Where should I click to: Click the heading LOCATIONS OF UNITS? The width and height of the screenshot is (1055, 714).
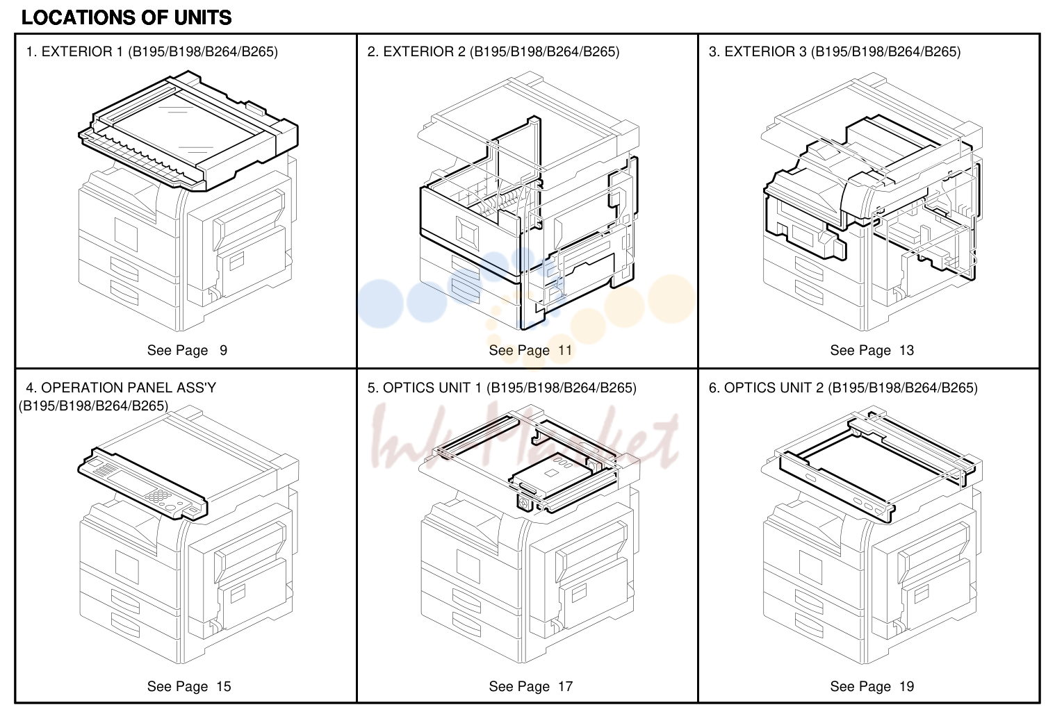(x=126, y=18)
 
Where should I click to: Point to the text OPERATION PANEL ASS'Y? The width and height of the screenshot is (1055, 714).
(x=129, y=388)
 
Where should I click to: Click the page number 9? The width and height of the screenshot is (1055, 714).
(x=223, y=350)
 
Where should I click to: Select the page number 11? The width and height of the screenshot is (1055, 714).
(x=565, y=350)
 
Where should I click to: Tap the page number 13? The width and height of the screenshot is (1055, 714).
(x=907, y=350)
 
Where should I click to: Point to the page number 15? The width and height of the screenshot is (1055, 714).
(x=224, y=686)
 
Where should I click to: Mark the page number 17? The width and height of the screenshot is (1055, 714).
(x=565, y=686)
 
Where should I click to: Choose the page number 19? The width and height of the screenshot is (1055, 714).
(x=907, y=686)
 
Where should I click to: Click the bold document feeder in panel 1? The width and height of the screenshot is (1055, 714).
(x=188, y=131)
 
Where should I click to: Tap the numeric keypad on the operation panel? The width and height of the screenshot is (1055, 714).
(x=158, y=496)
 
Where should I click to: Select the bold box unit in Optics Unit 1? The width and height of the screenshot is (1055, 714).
(x=548, y=474)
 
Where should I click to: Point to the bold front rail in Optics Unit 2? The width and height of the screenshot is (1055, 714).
(x=836, y=488)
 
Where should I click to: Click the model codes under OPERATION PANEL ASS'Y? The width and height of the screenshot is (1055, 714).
(x=93, y=405)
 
